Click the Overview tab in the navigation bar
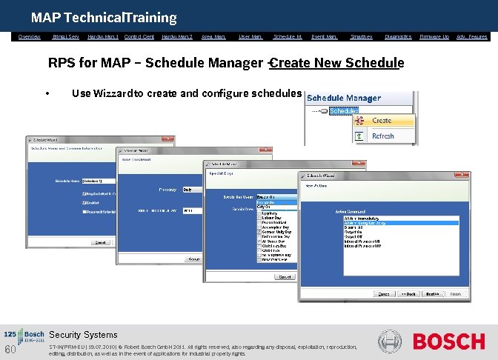coord(30,36)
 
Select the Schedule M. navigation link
coord(288,36)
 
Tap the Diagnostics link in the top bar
coord(398,36)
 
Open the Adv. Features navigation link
coord(472,36)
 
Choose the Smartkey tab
coord(361,36)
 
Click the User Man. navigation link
coord(250,36)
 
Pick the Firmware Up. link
coord(434,36)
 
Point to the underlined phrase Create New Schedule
coord(337,63)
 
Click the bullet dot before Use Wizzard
coord(47,94)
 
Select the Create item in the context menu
coord(382,120)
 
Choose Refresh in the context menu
coord(382,136)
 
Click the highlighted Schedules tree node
coord(343,111)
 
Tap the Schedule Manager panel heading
coord(343,98)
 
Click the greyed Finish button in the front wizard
coord(455,293)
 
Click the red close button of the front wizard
coord(463,176)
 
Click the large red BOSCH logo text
coord(448,341)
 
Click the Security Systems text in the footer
coord(83,335)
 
